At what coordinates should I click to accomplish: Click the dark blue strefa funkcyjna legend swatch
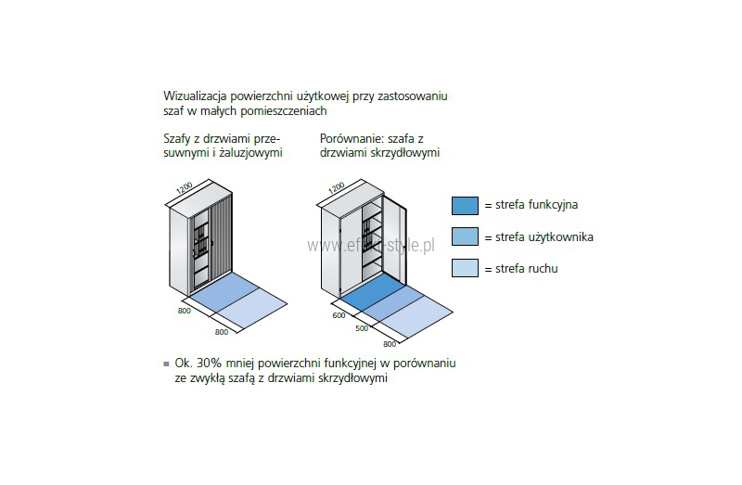(x=465, y=206)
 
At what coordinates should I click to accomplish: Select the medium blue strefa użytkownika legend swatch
(x=465, y=237)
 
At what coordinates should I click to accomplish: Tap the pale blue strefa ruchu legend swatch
(x=465, y=269)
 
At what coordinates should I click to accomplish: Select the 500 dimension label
(x=361, y=328)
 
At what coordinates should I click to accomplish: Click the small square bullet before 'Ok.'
(x=165, y=363)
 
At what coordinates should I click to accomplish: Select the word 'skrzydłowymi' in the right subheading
(x=404, y=152)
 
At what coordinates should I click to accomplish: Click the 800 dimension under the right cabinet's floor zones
(x=389, y=343)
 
